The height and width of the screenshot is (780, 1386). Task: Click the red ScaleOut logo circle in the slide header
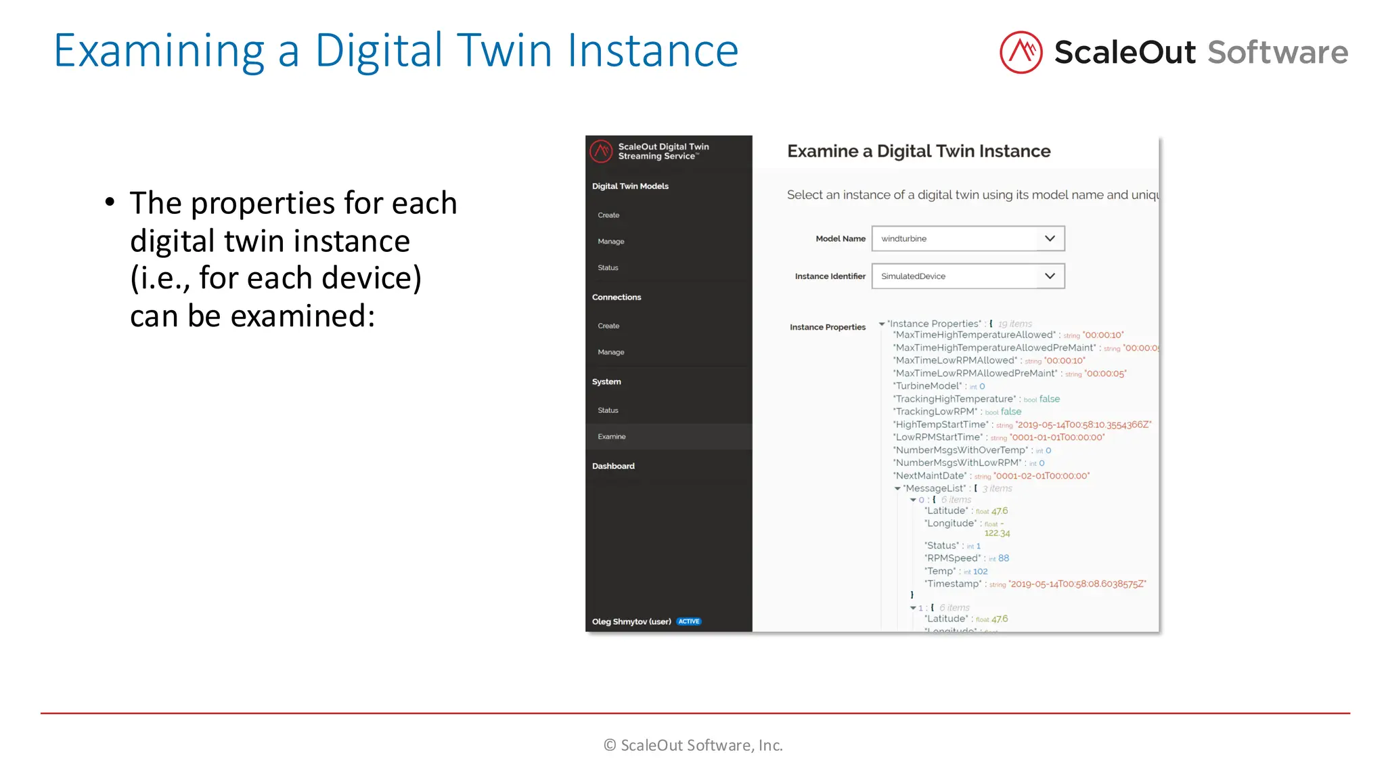click(1021, 52)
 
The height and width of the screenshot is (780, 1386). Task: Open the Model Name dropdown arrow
click(1050, 238)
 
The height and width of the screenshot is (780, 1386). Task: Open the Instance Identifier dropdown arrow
click(1050, 276)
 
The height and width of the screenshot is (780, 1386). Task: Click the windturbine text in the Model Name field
click(903, 239)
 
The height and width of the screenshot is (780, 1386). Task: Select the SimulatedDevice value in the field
click(913, 276)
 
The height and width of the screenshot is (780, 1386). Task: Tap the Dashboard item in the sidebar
click(613, 466)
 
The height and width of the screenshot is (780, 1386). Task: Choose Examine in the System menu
click(611, 437)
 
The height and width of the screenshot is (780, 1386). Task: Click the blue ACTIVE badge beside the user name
click(689, 622)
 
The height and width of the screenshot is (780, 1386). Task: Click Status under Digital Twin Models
click(608, 268)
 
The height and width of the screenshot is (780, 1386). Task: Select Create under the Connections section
click(608, 326)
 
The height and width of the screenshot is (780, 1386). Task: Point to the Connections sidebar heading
click(616, 297)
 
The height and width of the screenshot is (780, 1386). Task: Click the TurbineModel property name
click(928, 386)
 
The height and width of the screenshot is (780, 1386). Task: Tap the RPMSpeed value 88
click(1004, 559)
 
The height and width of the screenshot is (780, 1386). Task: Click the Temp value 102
click(981, 571)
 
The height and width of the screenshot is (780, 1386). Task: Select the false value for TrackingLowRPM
click(1011, 412)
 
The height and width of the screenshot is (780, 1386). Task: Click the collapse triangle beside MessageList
click(897, 489)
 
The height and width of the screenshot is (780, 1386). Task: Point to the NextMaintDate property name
click(931, 476)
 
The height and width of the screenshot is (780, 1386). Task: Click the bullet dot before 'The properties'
click(110, 202)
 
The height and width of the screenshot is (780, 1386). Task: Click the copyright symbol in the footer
click(610, 745)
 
